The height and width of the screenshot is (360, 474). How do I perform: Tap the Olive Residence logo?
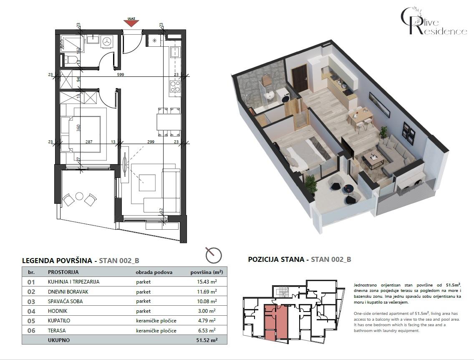(433, 22)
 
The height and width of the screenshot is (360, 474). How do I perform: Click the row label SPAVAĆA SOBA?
(64, 301)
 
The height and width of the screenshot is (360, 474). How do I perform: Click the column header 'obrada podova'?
(154, 272)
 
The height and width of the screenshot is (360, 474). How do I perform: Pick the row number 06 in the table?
(31, 330)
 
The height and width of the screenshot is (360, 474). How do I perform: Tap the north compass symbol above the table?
(214, 254)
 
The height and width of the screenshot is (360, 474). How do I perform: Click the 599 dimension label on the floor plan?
(121, 75)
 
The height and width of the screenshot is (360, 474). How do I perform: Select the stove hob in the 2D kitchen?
(175, 87)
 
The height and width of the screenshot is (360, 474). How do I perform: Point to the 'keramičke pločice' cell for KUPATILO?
(156, 321)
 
